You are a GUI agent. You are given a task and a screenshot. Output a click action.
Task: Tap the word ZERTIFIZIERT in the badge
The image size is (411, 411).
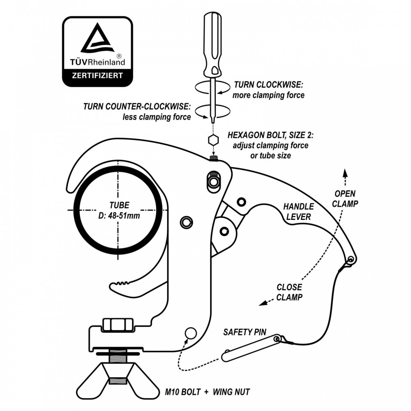pos(97,76)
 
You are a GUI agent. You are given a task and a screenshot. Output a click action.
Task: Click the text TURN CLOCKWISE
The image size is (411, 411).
pos(268,85)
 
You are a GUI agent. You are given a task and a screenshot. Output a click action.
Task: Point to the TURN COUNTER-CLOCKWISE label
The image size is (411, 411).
pos(137,106)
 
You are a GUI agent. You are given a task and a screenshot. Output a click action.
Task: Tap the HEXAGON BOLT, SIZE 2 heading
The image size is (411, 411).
pos(270,135)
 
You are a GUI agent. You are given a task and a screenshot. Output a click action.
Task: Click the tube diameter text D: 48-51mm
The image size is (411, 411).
pos(119,216)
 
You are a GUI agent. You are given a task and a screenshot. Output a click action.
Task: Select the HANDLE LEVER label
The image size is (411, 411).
pos(298,212)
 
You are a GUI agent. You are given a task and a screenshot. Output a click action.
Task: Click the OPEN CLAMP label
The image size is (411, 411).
pos(345,199)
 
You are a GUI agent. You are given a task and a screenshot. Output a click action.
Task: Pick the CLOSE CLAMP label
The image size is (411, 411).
pos(289,292)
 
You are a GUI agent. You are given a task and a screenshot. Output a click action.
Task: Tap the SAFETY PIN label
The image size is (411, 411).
pos(245,332)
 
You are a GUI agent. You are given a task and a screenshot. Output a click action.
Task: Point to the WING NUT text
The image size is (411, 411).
pos(231,392)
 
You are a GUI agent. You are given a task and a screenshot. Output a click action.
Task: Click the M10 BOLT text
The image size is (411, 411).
pos(183,392)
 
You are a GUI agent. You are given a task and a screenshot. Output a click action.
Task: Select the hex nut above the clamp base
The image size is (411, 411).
pos(118,324)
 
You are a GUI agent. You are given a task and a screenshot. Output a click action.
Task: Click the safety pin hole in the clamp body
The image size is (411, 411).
pos(191,333)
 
